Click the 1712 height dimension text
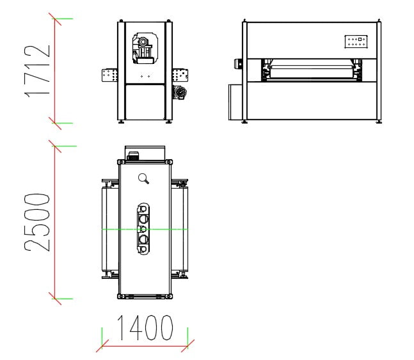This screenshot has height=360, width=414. click(37, 71)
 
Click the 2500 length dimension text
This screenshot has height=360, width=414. click(37, 223)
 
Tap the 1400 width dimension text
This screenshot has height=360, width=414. click(145, 327)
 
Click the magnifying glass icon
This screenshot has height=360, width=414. click(143, 178)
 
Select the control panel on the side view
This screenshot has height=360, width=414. click(356, 42)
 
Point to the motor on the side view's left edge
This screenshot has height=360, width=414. click(238, 63)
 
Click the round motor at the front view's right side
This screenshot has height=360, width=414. click(180, 92)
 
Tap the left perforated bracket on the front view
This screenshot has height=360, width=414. click(109, 75)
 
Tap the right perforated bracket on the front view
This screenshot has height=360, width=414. click(180, 75)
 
